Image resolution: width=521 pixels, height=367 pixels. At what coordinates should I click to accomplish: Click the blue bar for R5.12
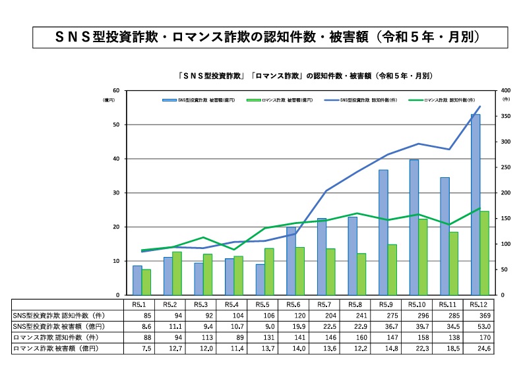click(475, 204)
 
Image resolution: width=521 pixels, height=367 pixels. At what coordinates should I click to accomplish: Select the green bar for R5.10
click(423, 257)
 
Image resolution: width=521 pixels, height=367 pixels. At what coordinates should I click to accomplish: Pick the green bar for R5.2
click(177, 273)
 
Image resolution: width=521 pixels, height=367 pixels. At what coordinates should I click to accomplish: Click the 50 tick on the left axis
click(116, 125)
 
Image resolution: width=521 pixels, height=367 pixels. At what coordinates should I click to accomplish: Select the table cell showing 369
click(479, 315)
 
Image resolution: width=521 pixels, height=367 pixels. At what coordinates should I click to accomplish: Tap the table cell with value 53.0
click(479, 325)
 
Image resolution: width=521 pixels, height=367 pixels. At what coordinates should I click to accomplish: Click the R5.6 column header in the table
click(295, 304)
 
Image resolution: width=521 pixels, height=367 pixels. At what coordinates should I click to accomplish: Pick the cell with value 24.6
click(479, 347)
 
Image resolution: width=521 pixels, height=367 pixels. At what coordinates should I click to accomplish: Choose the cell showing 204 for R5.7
click(326, 315)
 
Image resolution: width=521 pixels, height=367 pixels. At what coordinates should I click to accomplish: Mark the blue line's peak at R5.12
click(479, 106)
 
